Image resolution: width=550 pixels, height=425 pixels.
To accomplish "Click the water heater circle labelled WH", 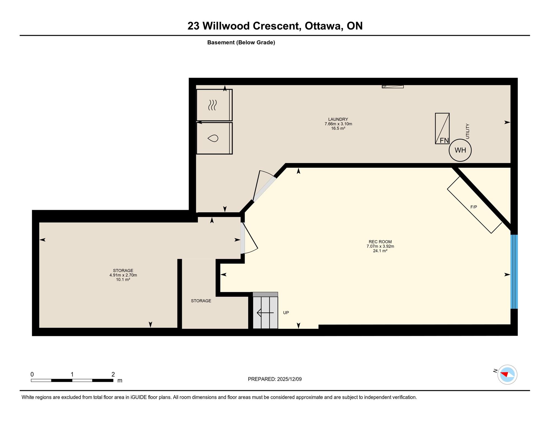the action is (x=460, y=150).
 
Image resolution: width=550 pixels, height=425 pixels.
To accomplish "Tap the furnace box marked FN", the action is (x=442, y=128).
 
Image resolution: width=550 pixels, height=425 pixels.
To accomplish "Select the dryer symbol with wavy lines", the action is (x=214, y=105).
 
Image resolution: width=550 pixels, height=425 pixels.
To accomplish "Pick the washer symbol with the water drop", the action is (x=214, y=138).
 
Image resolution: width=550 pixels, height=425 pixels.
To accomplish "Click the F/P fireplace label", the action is (x=474, y=207).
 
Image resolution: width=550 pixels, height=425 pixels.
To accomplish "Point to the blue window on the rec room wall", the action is (x=514, y=272).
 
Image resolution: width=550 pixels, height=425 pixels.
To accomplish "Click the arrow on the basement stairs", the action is (x=265, y=313).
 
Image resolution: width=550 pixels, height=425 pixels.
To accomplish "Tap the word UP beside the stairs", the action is (x=286, y=313).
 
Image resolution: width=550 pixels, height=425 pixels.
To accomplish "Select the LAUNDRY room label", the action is (x=338, y=119).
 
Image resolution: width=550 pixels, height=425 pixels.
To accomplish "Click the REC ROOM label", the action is (x=380, y=242).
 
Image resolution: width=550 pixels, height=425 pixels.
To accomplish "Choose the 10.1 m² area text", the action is (x=123, y=279).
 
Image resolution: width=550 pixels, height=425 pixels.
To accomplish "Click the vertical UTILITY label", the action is (x=468, y=131).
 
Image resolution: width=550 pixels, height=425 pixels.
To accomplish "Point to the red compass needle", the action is (x=504, y=374).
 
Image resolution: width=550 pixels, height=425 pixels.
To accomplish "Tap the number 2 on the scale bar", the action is (x=113, y=374).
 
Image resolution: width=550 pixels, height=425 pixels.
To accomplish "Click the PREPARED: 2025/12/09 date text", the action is (x=275, y=379).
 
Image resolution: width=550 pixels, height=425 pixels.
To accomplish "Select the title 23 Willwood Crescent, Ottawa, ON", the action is (x=275, y=26).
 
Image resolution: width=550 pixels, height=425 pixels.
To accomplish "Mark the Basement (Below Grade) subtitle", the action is (x=241, y=42).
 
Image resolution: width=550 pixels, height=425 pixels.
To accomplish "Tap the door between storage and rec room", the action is (x=249, y=238).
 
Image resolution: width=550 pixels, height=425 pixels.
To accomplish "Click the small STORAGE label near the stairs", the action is (x=201, y=301).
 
